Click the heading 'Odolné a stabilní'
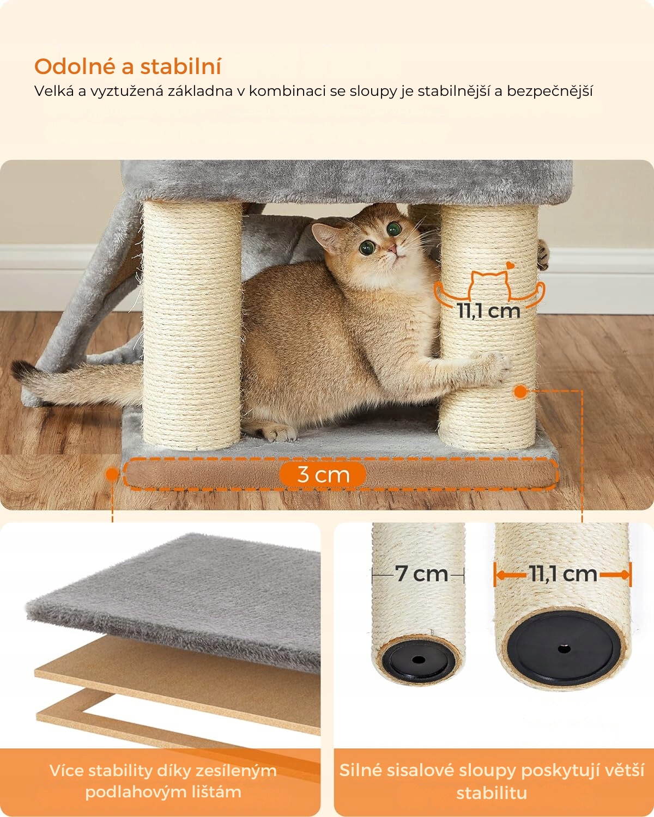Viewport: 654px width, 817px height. (128, 67)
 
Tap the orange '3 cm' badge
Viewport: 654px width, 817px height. (323, 474)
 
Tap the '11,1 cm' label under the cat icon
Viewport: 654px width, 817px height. (489, 311)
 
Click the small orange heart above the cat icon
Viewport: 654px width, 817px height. (510, 265)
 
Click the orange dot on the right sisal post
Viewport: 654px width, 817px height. (520, 392)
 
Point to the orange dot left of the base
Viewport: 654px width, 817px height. (112, 474)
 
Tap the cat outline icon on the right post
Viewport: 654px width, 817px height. (489, 289)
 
